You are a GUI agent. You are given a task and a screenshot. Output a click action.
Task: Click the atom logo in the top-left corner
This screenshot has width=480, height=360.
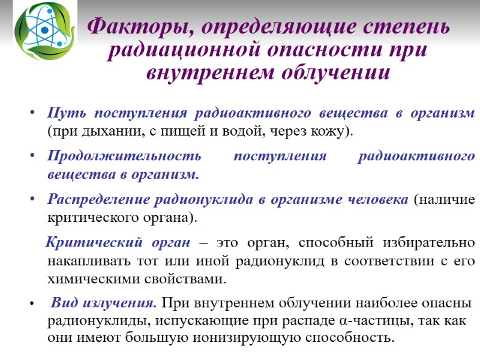[x=45, y=30]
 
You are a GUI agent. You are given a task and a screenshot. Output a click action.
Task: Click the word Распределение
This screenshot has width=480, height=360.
[x=98, y=200]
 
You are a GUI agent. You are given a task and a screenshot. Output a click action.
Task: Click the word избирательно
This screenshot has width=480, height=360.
[x=424, y=244]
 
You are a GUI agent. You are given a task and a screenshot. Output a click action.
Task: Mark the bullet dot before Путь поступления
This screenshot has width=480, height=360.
[x=32, y=113]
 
